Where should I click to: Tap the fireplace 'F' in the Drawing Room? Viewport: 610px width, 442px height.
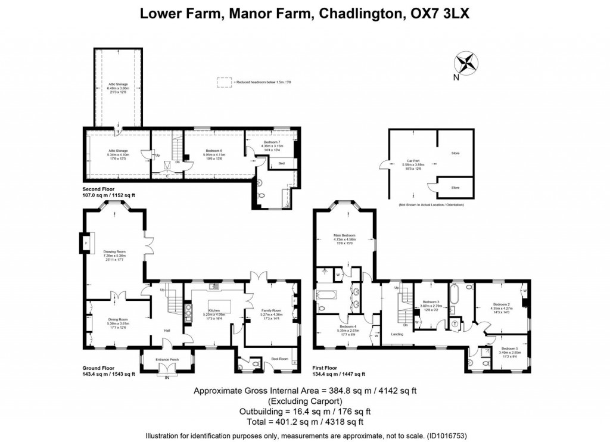85,243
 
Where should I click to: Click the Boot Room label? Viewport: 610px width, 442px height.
279,358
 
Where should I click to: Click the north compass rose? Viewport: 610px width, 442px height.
466,62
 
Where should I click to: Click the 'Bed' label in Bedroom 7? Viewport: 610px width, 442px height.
281,163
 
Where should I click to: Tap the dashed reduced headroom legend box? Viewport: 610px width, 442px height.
224,82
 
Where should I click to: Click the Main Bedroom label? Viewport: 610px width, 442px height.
344,239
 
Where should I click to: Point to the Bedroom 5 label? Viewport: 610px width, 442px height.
509,350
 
